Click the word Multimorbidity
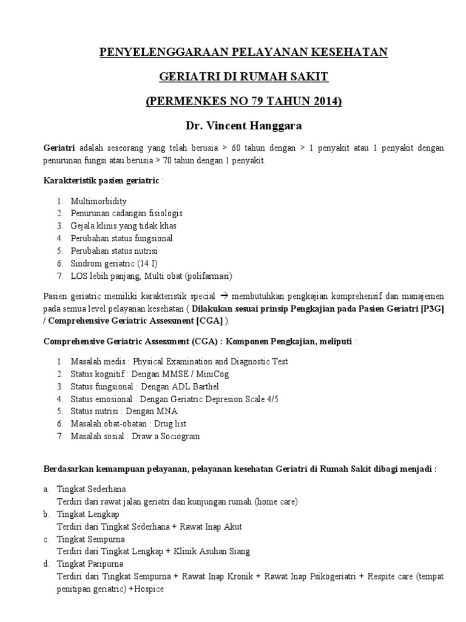coord(99,201)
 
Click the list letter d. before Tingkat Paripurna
coord(46,564)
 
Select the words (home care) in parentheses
coord(276,501)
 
